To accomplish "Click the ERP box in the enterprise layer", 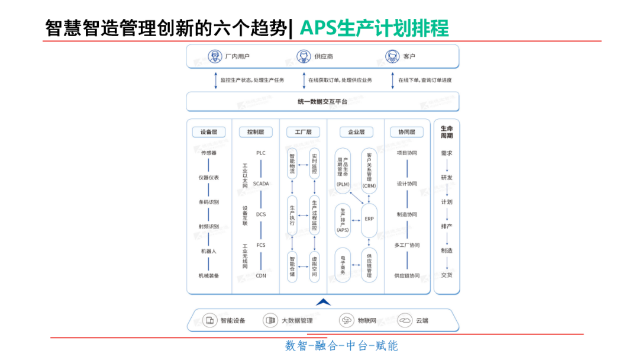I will coord(369,219).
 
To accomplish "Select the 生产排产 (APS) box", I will coord(343,219).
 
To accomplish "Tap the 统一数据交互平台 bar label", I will coord(322,102).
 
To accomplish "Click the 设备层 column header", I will coord(209,132).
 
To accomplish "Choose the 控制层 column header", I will coord(256,132).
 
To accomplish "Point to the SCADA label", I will coord(261,184).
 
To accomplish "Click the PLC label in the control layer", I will coord(261,153).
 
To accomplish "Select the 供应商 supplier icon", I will coord(304,56).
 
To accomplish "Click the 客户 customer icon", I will coord(392,56).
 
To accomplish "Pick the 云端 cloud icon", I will coord(405,320).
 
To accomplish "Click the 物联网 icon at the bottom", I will coord(347,320).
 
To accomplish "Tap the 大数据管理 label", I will coord(296,321).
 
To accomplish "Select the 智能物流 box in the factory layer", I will coord(292,165).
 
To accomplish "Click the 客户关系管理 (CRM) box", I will coord(369,170).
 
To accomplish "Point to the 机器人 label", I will coord(209,251).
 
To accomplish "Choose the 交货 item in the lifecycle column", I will coord(447,275).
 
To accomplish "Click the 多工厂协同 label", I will coord(407,245).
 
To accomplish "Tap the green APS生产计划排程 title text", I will coord(374,28).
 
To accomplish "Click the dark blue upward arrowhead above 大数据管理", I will coord(323,303).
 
